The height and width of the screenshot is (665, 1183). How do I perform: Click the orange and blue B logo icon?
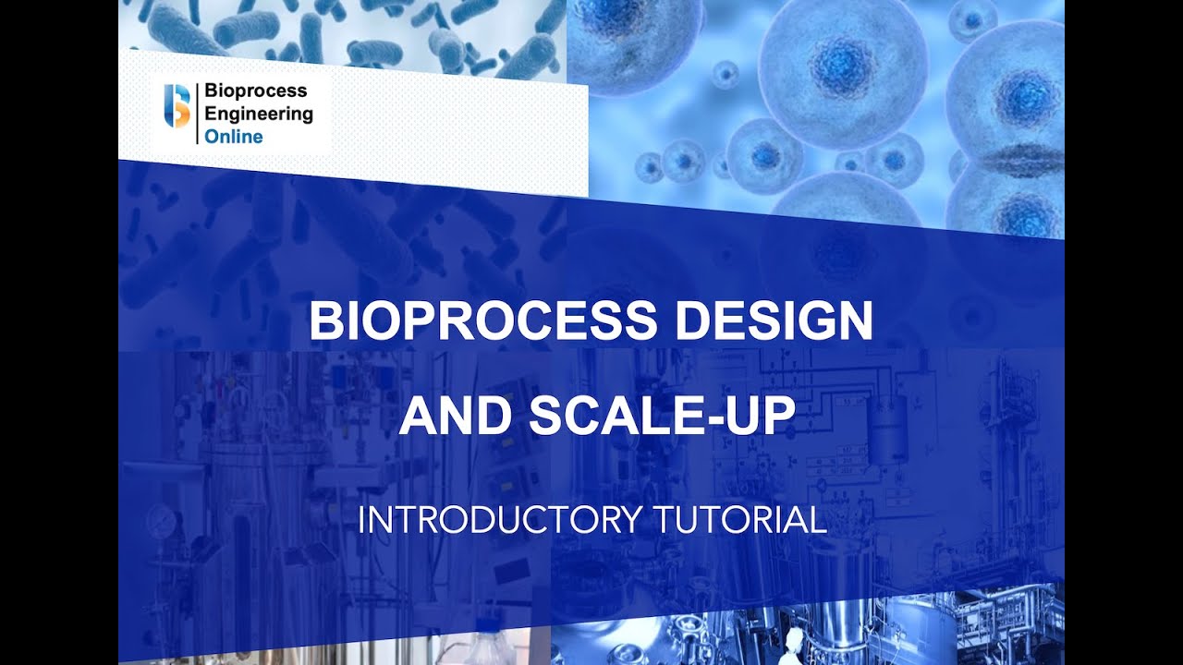(x=177, y=105)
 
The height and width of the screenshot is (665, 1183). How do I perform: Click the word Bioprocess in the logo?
(x=255, y=91)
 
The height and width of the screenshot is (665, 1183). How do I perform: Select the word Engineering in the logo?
(x=259, y=115)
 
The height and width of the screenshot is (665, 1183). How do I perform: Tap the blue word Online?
(x=234, y=137)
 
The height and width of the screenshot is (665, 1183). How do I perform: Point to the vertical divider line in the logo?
(x=197, y=114)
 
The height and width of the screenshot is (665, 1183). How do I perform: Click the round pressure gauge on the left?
(x=159, y=514)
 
